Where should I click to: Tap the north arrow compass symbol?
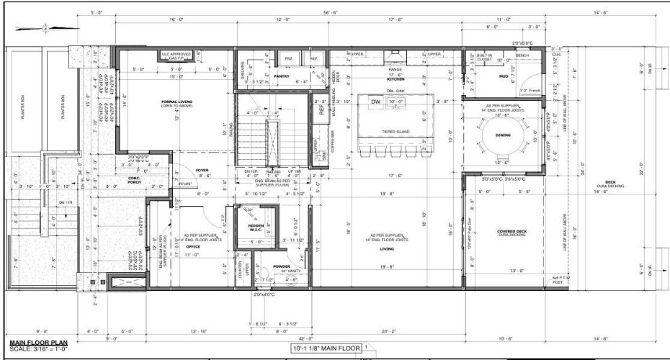(45, 28)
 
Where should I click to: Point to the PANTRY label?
(281, 76)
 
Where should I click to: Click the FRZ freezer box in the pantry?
(288, 58)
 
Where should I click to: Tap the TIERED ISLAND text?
(393, 132)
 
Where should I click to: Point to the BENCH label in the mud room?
(521, 55)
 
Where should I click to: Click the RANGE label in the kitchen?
(395, 69)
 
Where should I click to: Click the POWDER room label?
(281, 266)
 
